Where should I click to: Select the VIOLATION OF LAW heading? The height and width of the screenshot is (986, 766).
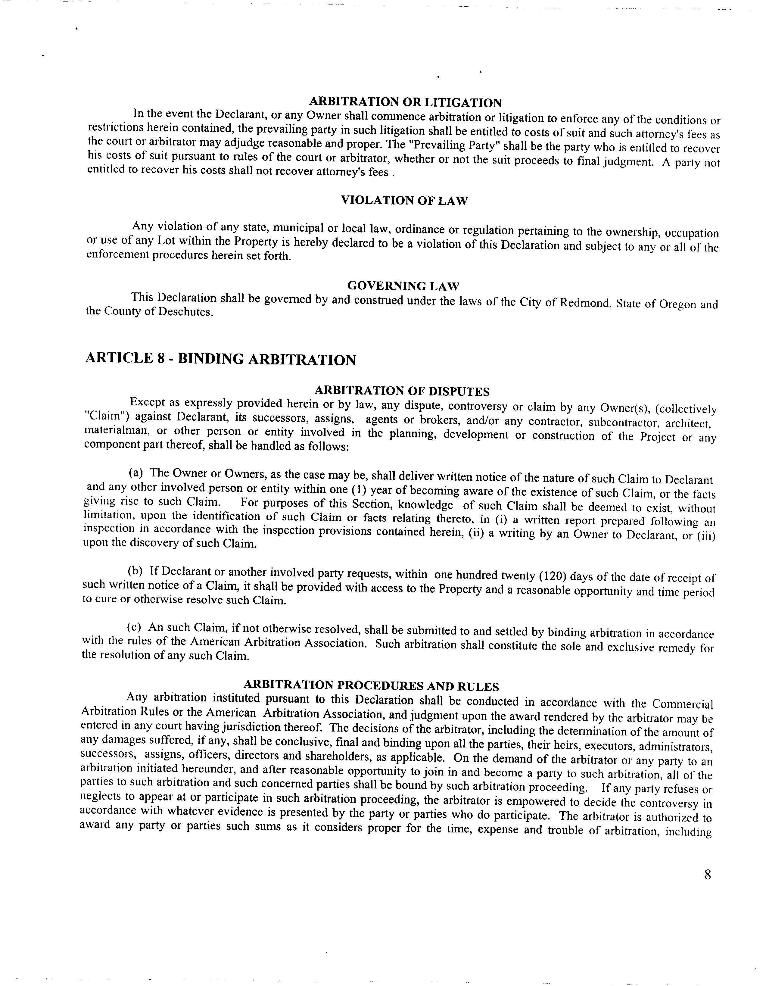point(404,201)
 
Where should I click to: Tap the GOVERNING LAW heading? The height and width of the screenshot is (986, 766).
point(403,286)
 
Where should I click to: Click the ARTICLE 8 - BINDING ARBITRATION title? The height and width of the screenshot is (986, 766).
point(220,359)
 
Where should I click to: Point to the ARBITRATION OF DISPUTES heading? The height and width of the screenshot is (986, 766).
point(402,391)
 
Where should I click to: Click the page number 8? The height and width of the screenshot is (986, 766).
point(707,875)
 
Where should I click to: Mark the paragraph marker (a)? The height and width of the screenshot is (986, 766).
point(136,473)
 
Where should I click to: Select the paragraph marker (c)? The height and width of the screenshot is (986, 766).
point(134,627)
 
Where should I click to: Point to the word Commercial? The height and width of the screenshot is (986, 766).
point(683,704)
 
